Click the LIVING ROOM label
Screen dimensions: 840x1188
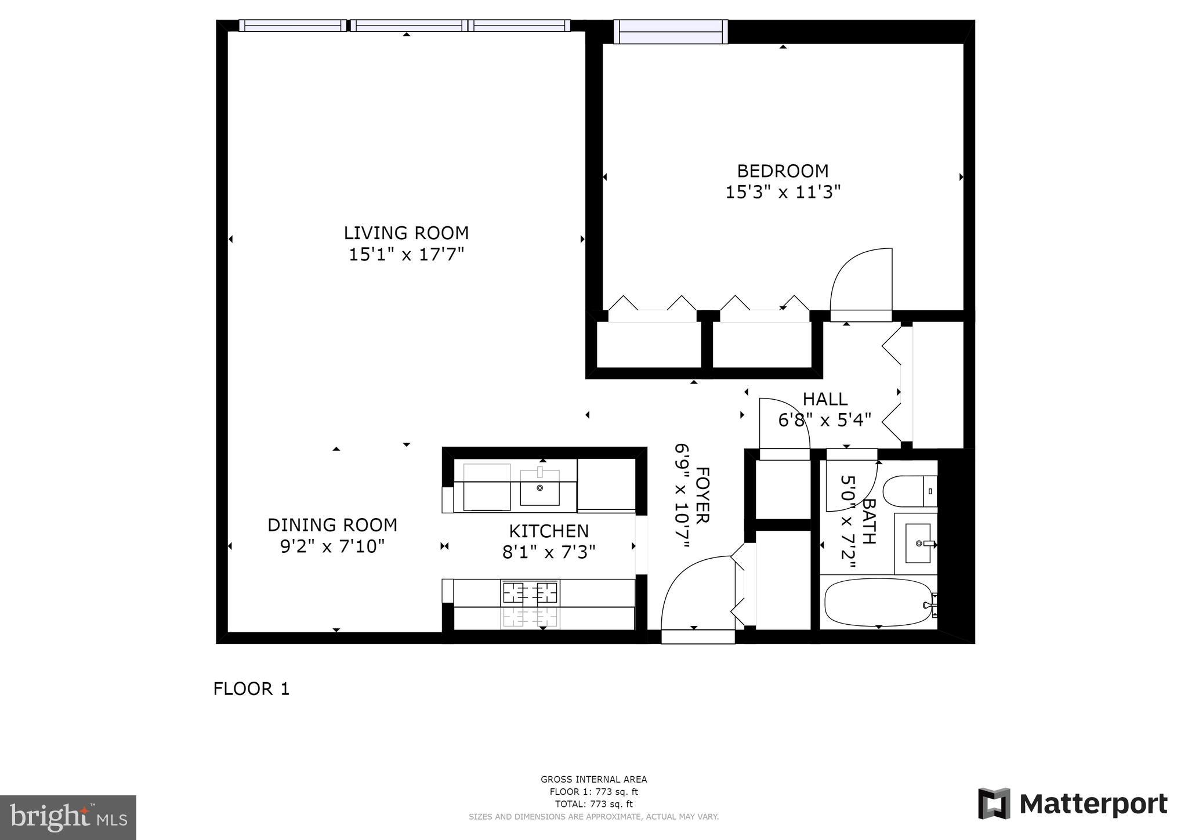click(x=406, y=233)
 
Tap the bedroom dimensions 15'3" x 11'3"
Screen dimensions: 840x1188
click(x=783, y=192)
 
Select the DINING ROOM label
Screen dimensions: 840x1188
click(x=332, y=525)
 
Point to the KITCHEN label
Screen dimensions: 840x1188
click(x=549, y=531)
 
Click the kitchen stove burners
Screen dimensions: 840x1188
click(x=530, y=593)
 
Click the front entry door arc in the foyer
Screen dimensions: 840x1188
click(x=693, y=592)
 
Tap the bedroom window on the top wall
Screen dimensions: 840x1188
click(x=671, y=32)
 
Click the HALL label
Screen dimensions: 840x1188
click(x=825, y=399)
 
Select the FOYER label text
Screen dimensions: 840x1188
click(x=702, y=495)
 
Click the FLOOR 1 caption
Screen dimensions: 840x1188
click(x=251, y=689)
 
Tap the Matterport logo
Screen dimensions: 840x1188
click(x=1073, y=804)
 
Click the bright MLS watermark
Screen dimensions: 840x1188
click(x=68, y=817)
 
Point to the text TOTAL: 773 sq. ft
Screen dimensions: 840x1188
click(x=593, y=804)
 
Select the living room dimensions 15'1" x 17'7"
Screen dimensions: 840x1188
click(x=406, y=255)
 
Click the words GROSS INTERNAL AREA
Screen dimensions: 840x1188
click(x=593, y=780)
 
